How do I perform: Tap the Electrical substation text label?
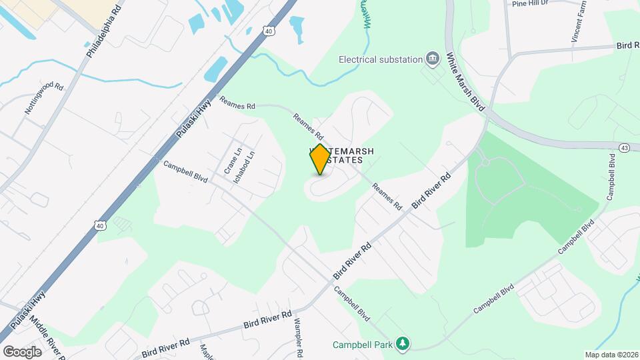click(381, 59)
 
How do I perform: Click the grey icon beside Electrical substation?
click(433, 59)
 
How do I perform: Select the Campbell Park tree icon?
click(402, 343)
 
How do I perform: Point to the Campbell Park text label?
click(363, 345)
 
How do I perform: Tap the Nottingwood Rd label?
click(44, 99)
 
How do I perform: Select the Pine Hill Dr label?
click(530, 3)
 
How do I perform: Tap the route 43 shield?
click(624, 147)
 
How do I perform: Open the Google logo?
click(22, 351)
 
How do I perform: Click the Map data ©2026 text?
click(611, 355)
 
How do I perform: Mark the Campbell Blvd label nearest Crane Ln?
click(187, 172)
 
